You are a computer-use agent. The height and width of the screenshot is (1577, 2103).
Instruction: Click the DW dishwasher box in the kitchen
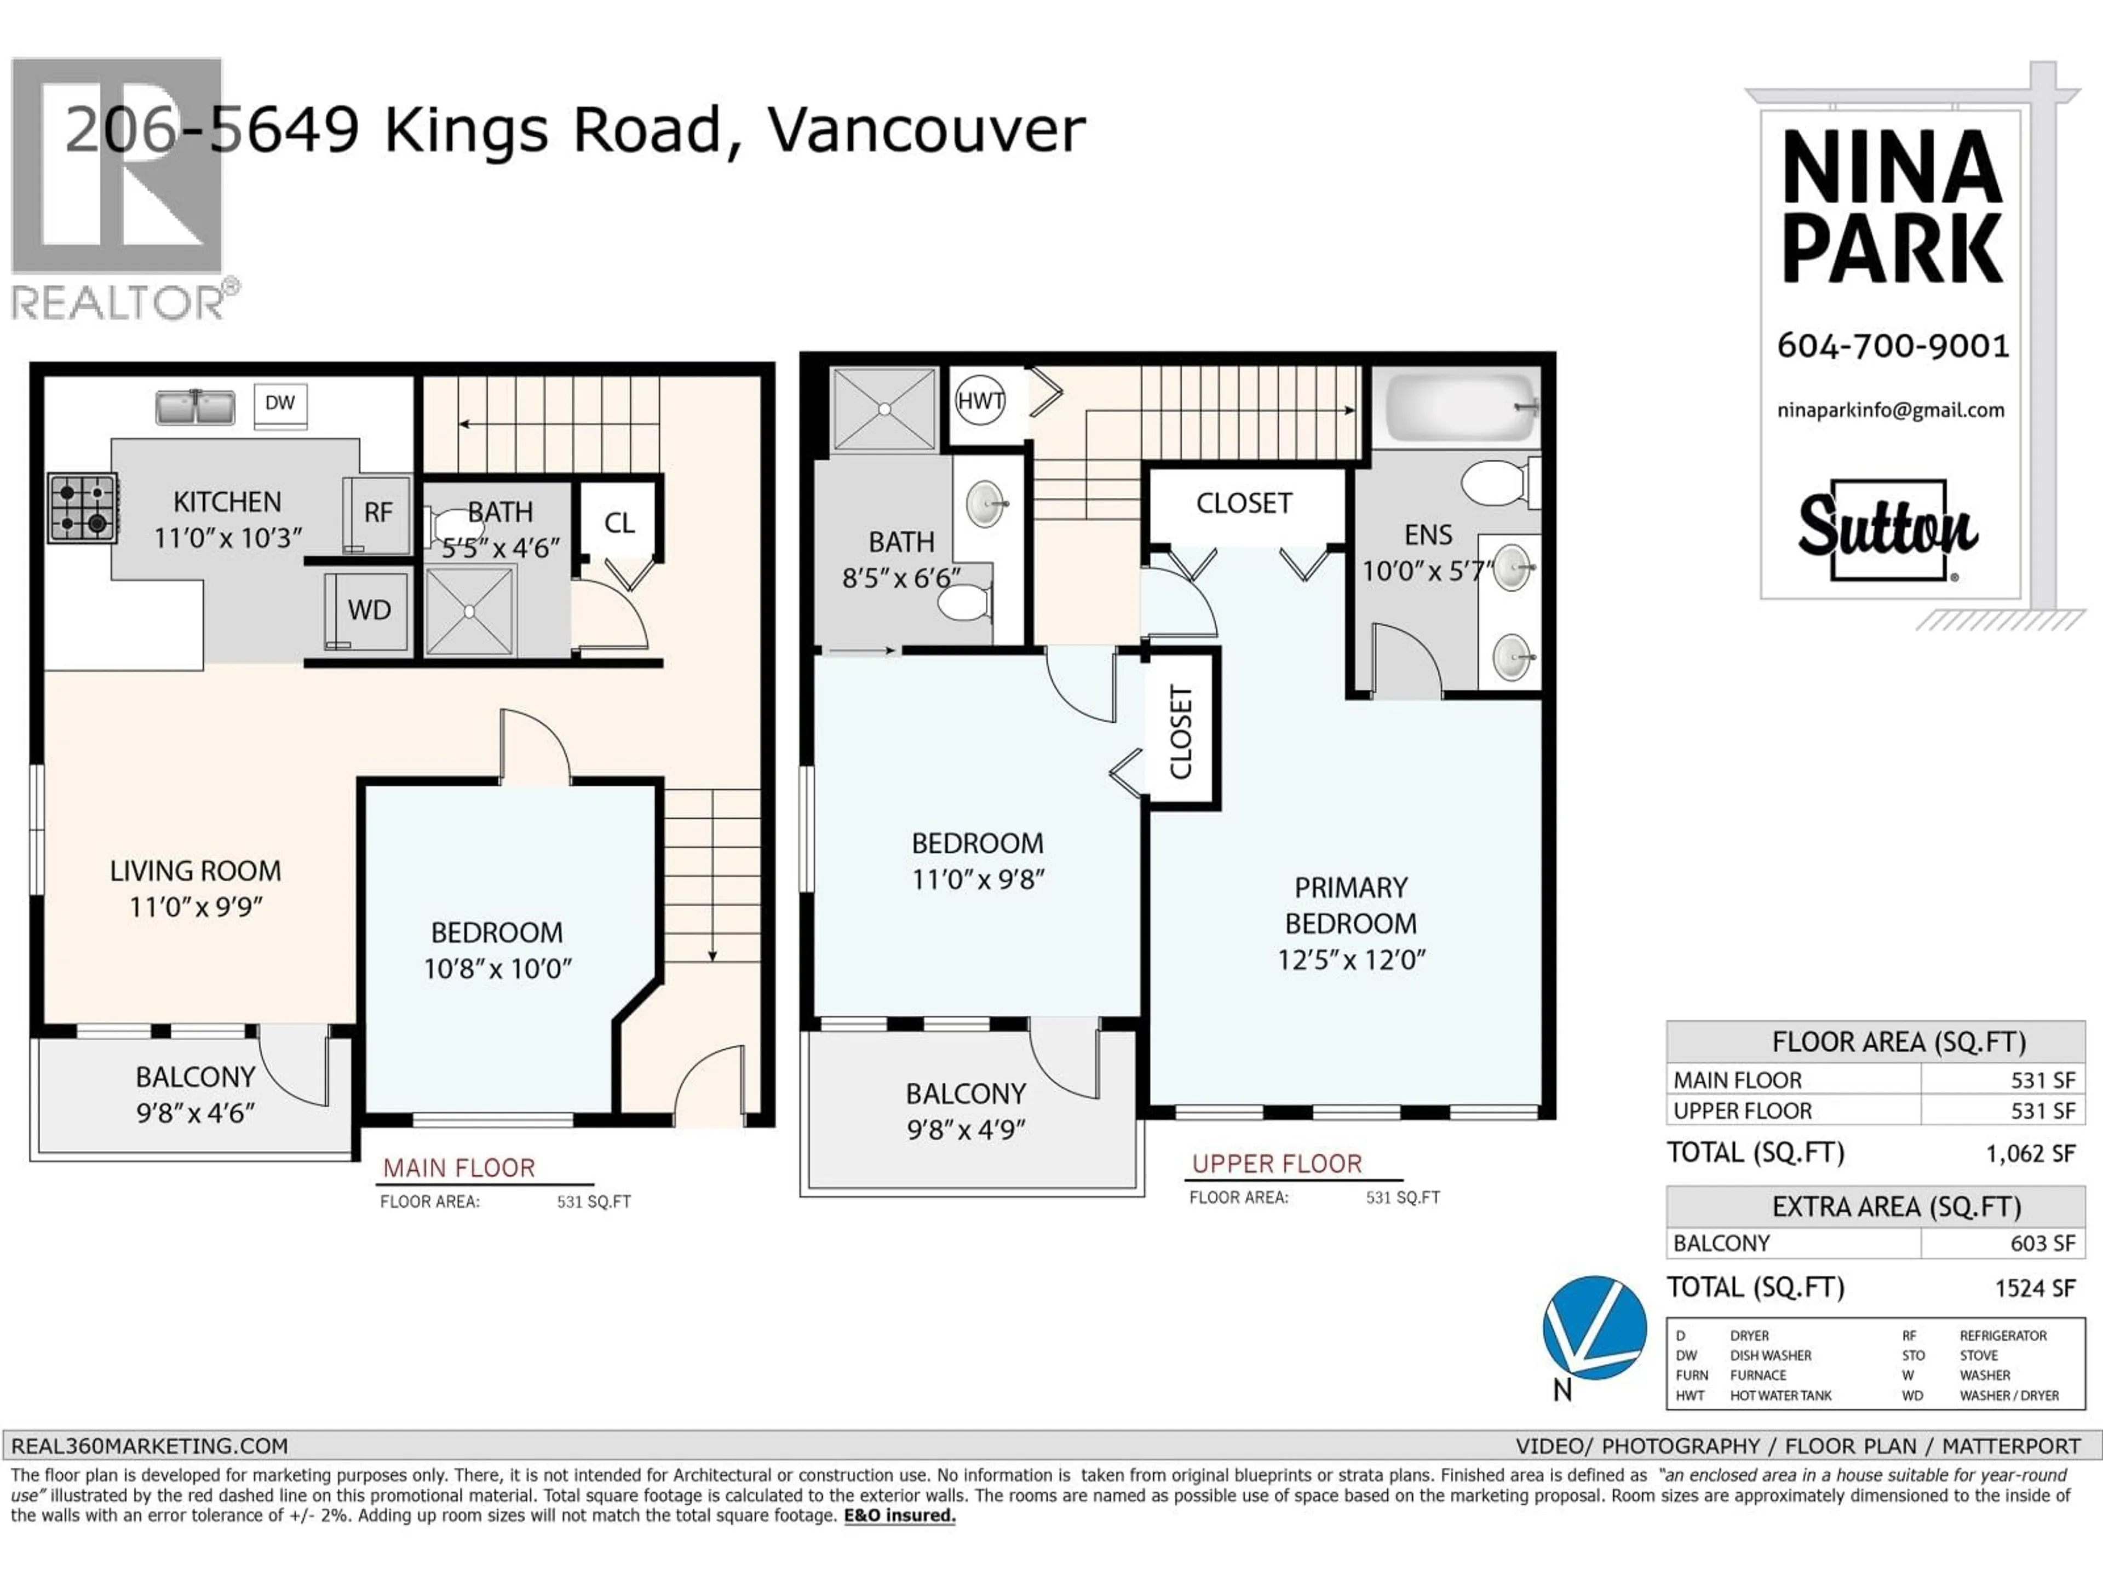279,404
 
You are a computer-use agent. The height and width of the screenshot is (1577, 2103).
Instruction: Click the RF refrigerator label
377,513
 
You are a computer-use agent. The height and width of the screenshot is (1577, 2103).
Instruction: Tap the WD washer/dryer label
369,611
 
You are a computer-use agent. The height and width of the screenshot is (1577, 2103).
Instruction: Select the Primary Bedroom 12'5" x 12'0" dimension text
1351,960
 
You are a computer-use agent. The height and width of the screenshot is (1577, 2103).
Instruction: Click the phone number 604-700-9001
1893,346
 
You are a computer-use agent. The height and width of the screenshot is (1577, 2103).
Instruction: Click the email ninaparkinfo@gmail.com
1890,411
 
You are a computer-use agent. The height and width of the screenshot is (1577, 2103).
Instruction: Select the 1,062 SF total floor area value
2030,1154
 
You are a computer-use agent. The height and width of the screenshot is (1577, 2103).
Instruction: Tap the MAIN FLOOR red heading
458,1169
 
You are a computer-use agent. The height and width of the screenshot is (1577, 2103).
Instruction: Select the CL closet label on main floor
619,523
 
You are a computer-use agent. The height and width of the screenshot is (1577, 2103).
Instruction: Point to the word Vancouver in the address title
926,130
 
